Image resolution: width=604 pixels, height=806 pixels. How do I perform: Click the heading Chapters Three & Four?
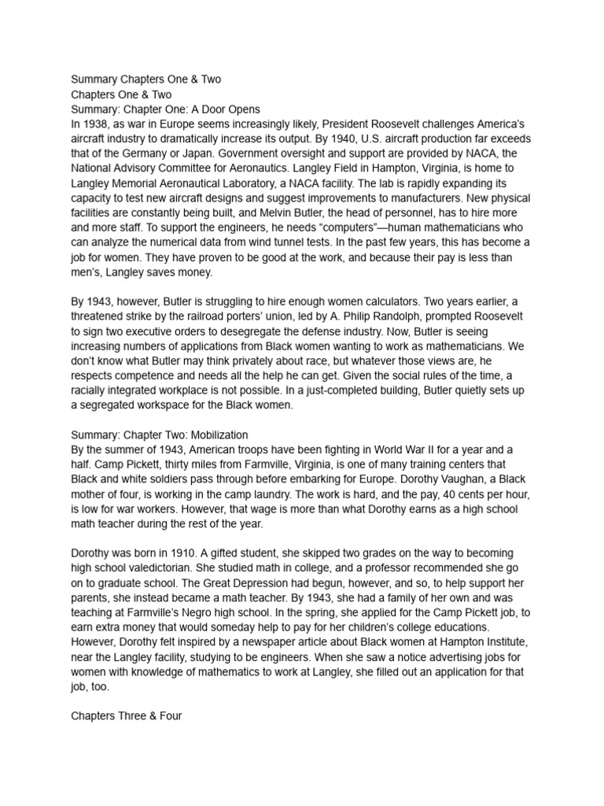[x=127, y=716]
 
